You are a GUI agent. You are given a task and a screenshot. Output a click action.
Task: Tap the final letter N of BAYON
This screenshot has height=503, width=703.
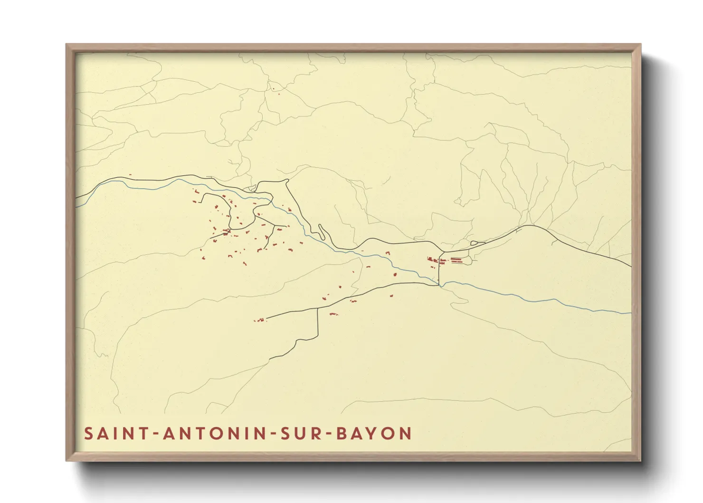pos(405,434)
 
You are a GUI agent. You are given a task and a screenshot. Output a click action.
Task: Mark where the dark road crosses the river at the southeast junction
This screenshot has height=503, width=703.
pos(439,285)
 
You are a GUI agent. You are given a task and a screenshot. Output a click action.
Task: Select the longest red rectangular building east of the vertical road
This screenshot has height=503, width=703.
pos(456,260)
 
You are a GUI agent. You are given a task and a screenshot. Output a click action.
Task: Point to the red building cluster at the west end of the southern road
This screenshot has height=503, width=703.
pos(259,320)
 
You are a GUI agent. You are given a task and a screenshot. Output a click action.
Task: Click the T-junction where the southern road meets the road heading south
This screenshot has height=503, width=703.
pos(317,309)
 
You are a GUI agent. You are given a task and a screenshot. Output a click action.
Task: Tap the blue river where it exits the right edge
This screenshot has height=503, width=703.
pos(630,313)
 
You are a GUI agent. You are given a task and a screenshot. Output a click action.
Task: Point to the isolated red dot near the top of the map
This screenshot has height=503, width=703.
pos(273,88)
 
